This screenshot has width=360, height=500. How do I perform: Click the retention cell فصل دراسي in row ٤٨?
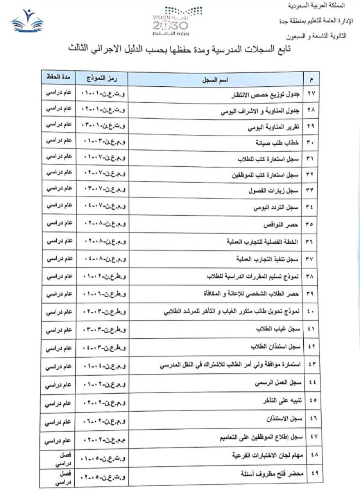[x=59, y=459]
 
